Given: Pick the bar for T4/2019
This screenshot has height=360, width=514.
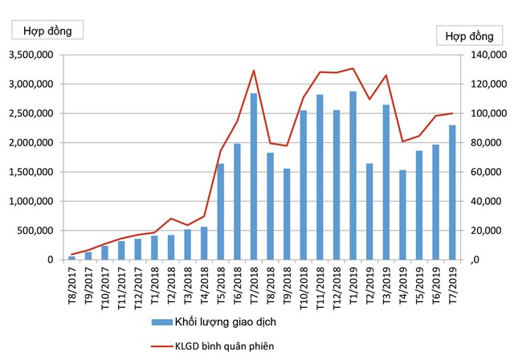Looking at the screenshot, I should [402, 215].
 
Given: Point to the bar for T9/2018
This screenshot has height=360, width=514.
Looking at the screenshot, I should [287, 214].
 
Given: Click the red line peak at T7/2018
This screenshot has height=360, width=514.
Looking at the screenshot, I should [254, 71].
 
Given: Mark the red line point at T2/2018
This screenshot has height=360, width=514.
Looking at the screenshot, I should [171, 219].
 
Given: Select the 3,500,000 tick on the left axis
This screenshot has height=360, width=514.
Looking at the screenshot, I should [30, 55].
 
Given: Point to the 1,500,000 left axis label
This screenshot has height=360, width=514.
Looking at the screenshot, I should [30, 172].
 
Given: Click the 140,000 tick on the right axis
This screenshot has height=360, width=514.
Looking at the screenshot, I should [480, 55].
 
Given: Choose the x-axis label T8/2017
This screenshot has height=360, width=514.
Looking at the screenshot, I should [72, 285].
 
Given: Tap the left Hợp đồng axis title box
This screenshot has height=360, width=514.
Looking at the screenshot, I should [47, 31].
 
